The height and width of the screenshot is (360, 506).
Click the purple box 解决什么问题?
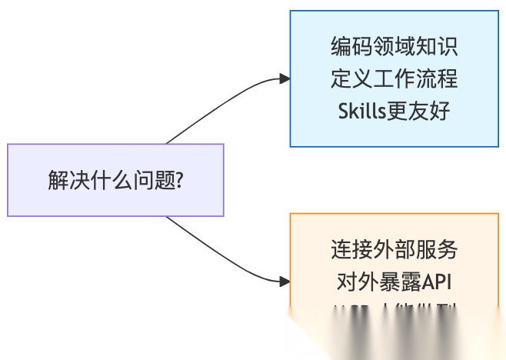(x=115, y=179)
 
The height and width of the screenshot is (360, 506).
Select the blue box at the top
(x=394, y=78)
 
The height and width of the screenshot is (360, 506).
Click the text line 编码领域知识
(x=394, y=47)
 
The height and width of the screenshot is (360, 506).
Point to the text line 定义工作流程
(x=394, y=78)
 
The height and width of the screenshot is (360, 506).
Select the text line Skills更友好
(x=394, y=111)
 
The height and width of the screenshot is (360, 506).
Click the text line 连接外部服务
(x=394, y=250)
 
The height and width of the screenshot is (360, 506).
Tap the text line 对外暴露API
(x=394, y=282)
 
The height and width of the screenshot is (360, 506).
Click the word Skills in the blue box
(x=363, y=111)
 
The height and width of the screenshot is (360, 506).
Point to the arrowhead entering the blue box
(x=285, y=78)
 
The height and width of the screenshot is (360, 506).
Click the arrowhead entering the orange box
(x=285, y=282)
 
